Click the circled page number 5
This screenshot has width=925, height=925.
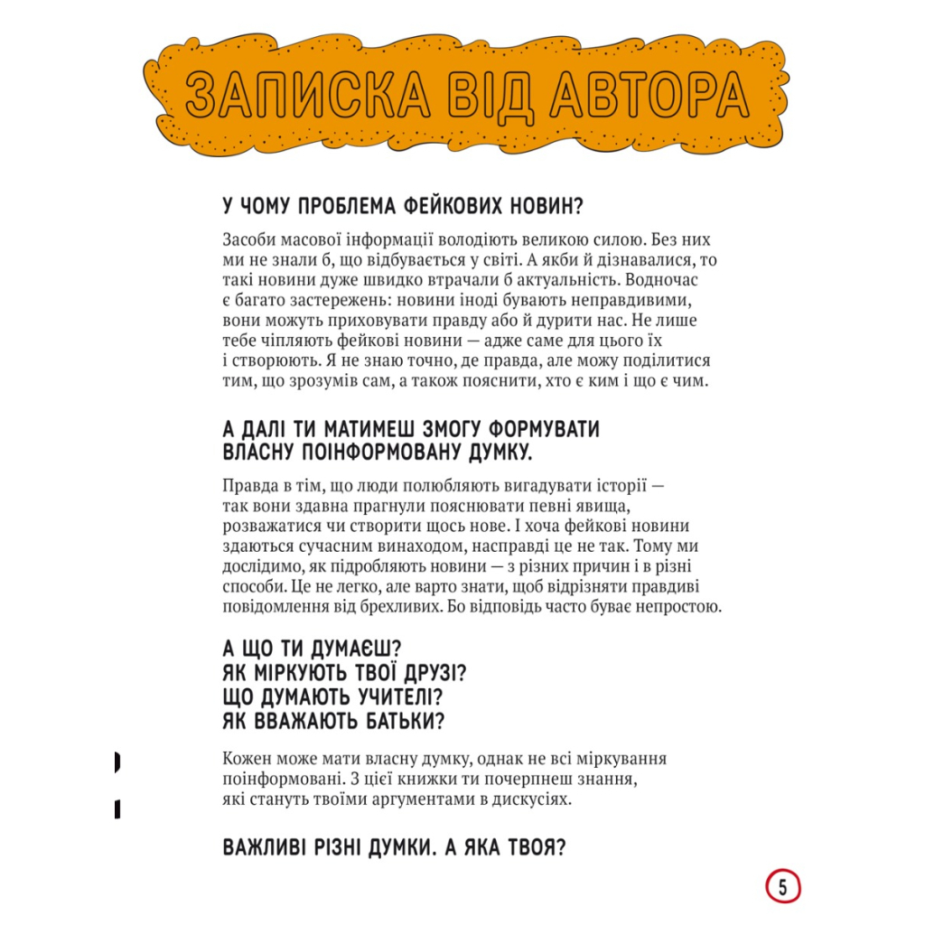tap(783, 888)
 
